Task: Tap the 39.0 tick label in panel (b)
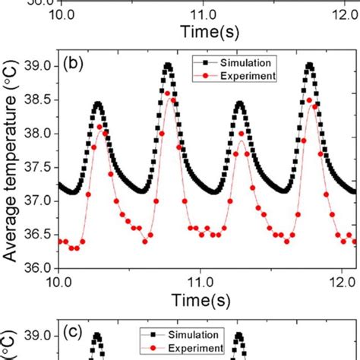(39, 67)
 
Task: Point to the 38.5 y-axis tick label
(39, 100)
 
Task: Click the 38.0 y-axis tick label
(39, 134)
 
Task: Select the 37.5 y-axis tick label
(39, 167)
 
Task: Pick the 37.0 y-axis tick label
(39, 201)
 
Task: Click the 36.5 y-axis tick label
(39, 234)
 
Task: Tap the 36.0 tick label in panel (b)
(39, 267)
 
